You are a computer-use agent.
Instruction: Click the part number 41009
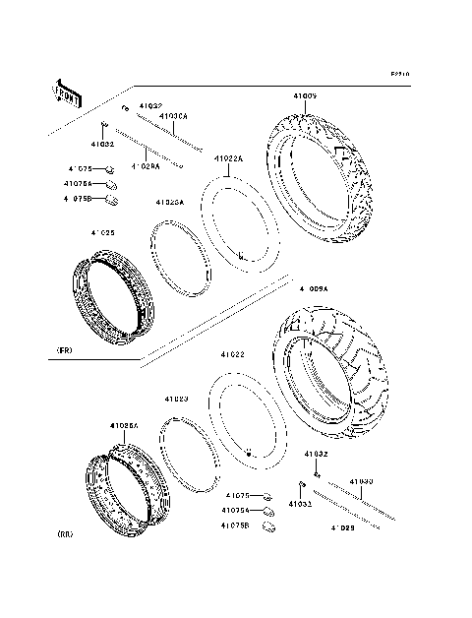pyautogui.click(x=304, y=96)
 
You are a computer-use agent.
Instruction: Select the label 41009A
pyautogui.click(x=315, y=288)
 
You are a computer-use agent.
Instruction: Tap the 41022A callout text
pyautogui.click(x=229, y=158)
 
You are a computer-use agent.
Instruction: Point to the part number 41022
pyautogui.click(x=233, y=354)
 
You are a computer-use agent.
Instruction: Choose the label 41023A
pyautogui.click(x=169, y=202)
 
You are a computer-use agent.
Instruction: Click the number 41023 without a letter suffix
pyautogui.click(x=176, y=399)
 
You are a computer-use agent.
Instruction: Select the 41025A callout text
pyautogui.click(x=124, y=426)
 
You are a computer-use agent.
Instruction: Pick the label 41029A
pyautogui.click(x=146, y=166)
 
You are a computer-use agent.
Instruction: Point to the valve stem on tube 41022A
pyautogui.click(x=240, y=258)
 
